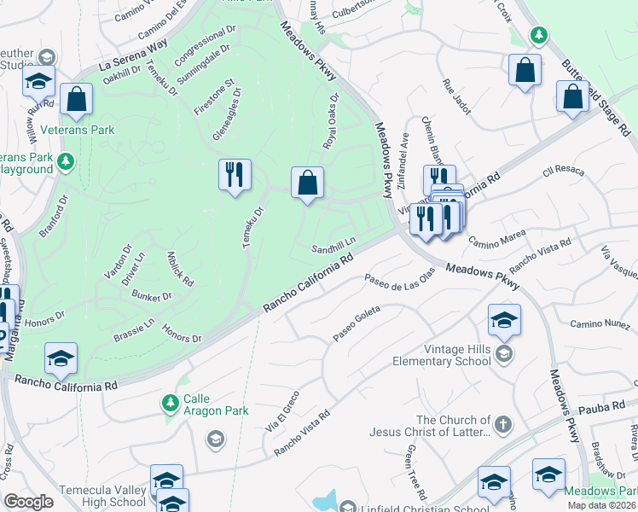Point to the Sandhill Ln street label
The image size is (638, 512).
coord(332,245)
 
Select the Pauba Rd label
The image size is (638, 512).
coord(606,409)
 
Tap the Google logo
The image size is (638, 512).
coord(28,502)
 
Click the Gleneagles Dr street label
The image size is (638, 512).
coord(227,126)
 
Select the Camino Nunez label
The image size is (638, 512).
coord(600,323)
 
